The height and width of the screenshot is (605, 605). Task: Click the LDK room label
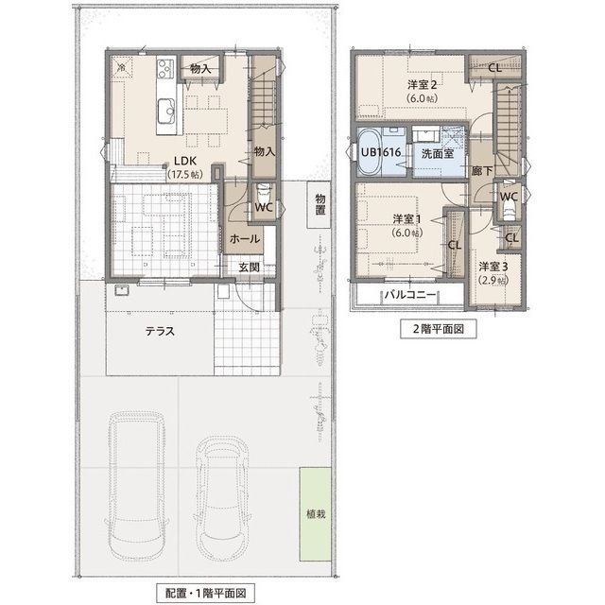[185, 161]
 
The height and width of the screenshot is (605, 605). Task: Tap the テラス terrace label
[160, 331]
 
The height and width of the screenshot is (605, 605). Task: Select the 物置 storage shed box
[320, 204]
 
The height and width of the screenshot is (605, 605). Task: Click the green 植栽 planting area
[316, 514]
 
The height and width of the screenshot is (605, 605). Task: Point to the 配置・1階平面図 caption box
[205, 593]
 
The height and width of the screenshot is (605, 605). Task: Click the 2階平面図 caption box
[438, 329]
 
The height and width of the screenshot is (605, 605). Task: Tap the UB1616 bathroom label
[380, 152]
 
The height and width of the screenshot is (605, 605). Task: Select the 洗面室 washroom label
[437, 153]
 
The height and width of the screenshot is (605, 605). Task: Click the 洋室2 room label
[423, 84]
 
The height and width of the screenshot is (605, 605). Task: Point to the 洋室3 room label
[493, 267]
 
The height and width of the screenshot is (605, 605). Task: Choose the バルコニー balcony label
[410, 295]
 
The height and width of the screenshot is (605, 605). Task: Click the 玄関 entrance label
[249, 267]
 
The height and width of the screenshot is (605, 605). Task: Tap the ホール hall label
[245, 239]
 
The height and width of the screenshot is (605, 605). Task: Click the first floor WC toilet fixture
[264, 191]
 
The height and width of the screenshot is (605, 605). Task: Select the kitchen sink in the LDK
[166, 110]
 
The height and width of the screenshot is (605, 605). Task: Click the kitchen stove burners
[166, 68]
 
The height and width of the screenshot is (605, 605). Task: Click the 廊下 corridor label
[481, 170]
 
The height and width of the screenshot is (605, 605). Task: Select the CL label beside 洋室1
[455, 245]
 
